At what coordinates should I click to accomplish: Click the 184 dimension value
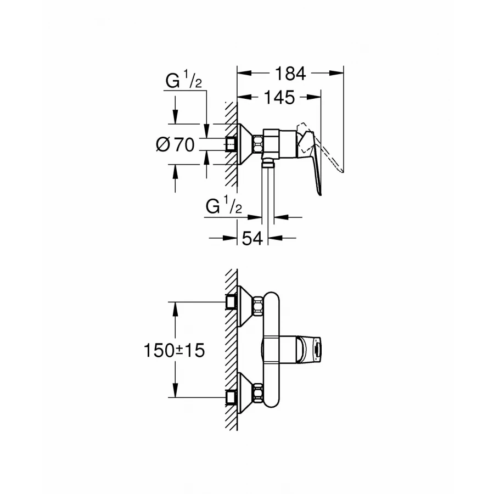pos(290,73)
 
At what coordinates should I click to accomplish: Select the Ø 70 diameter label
pos(176,145)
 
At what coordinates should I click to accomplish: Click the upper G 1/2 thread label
pos(184,83)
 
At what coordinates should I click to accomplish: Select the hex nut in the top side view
pos(259,144)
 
